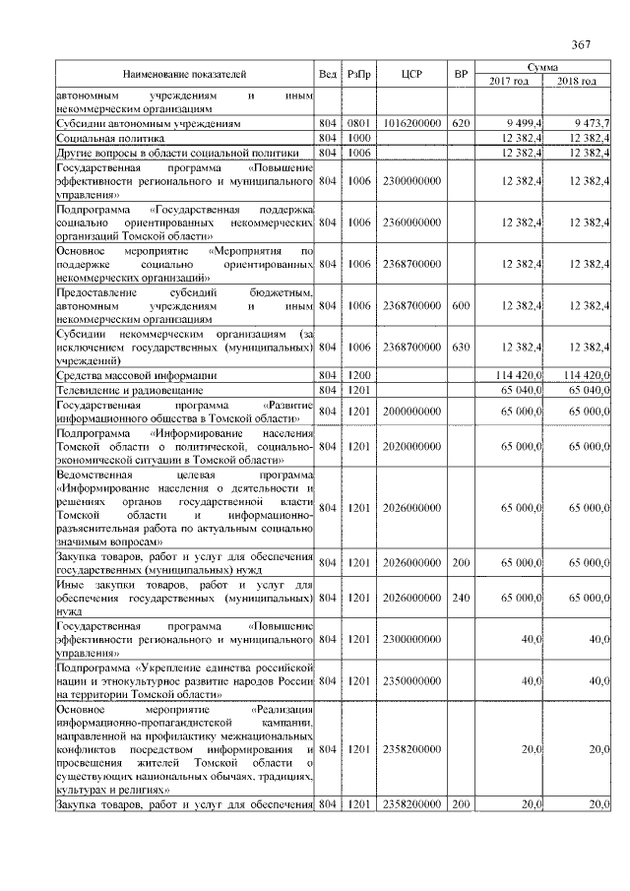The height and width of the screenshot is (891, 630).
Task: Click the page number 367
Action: [580, 45]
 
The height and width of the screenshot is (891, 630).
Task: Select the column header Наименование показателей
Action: [184, 74]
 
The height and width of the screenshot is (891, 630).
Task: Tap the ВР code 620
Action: [460, 124]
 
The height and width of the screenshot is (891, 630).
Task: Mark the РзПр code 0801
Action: [358, 124]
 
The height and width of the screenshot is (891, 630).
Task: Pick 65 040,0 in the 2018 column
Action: [588, 390]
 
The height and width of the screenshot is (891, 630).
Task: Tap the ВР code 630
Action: [460, 347]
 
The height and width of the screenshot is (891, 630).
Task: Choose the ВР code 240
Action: [460, 597]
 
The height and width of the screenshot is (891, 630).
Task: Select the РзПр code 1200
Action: [358, 375]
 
